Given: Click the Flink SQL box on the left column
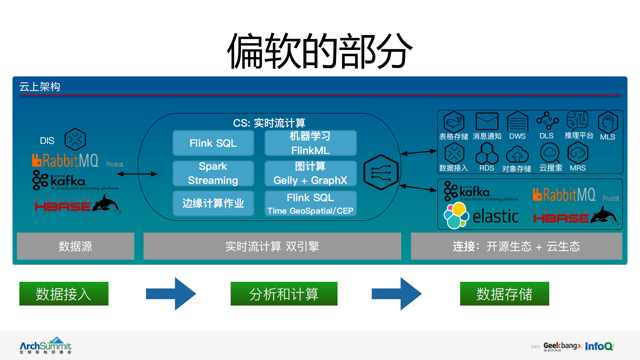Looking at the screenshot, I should [213, 143].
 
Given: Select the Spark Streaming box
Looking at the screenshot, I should [213, 173].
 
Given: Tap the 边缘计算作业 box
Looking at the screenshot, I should [213, 203].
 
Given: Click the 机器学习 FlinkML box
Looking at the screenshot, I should [310, 143].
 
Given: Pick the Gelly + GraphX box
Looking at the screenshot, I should [310, 173].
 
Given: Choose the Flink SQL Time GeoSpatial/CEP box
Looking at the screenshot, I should [310, 204].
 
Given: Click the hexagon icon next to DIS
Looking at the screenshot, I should [75, 139].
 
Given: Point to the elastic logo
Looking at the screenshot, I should [482, 216].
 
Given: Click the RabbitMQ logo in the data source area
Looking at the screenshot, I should [65, 160].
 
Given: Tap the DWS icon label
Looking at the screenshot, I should [517, 136].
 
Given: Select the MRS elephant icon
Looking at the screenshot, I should [578, 153].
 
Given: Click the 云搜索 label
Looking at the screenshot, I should [550, 168].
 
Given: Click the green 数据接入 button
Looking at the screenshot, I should [64, 294].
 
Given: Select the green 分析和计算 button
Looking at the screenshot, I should [284, 294].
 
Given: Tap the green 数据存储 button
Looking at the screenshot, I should [504, 294].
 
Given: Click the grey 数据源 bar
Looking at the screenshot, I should [75, 246].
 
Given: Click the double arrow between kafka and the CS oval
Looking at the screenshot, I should [137, 174].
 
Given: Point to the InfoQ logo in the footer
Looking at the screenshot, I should [599, 346].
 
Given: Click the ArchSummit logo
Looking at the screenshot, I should [46, 345].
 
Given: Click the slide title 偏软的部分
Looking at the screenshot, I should [319, 51].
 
